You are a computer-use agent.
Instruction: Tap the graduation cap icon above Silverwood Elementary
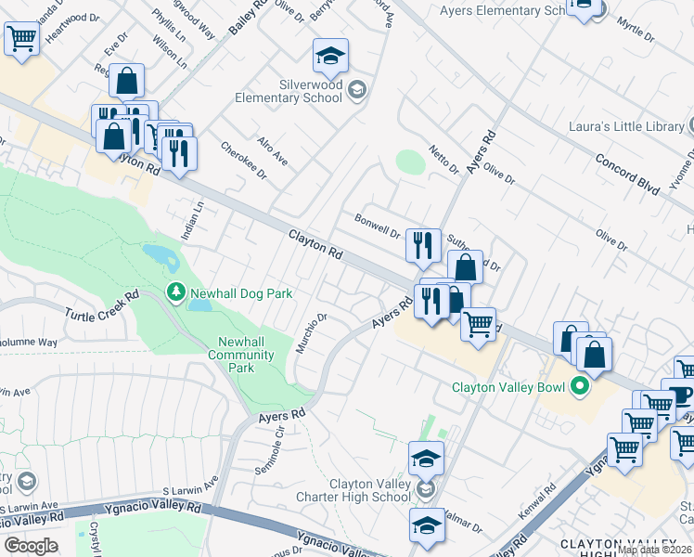(x=330, y=58)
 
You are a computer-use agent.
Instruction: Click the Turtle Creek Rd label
(x=101, y=305)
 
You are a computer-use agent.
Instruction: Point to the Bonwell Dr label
(x=377, y=226)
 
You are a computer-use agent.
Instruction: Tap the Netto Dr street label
(x=444, y=159)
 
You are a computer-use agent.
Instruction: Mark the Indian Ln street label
(x=192, y=223)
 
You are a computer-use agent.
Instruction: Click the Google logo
(x=31, y=546)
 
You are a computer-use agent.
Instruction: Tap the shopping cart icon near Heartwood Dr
(x=21, y=40)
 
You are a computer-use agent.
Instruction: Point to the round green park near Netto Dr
(x=410, y=162)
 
